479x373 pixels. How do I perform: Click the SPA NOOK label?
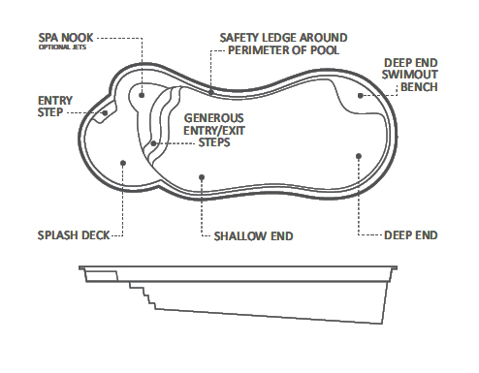(66, 38)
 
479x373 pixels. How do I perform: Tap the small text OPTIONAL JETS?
(65, 47)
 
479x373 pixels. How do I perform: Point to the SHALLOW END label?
(253, 234)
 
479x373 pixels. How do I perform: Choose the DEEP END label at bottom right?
(412, 234)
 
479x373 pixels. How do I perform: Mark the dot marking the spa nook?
(142, 95)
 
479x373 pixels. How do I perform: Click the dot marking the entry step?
(105, 112)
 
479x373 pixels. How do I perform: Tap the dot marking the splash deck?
(122, 163)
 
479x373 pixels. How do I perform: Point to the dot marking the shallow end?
(201, 176)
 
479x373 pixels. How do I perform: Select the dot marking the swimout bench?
(360, 95)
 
